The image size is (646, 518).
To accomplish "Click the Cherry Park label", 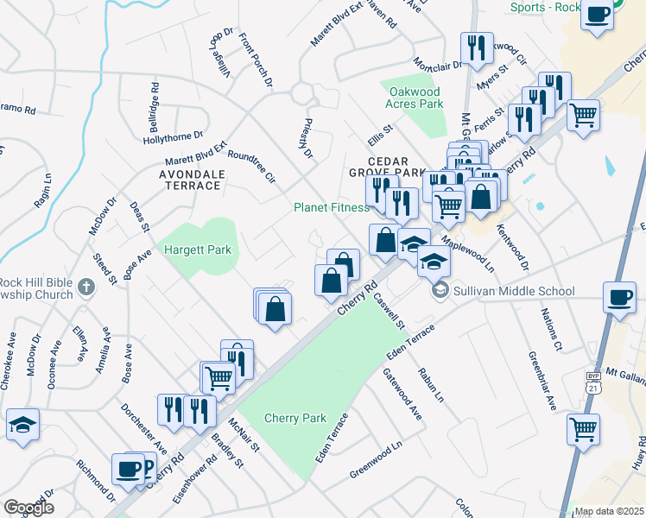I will [x=295, y=418].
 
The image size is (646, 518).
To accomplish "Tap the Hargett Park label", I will [x=198, y=250].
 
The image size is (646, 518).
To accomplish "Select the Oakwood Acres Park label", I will [x=415, y=98].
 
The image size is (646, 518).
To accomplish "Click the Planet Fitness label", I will [x=331, y=207].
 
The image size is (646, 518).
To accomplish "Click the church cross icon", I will [x=85, y=287].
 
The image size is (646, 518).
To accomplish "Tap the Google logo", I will [x=28, y=507].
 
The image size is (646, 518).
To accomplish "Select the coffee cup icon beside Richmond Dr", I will [x=129, y=469].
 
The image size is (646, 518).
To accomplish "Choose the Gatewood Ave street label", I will [x=402, y=394].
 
